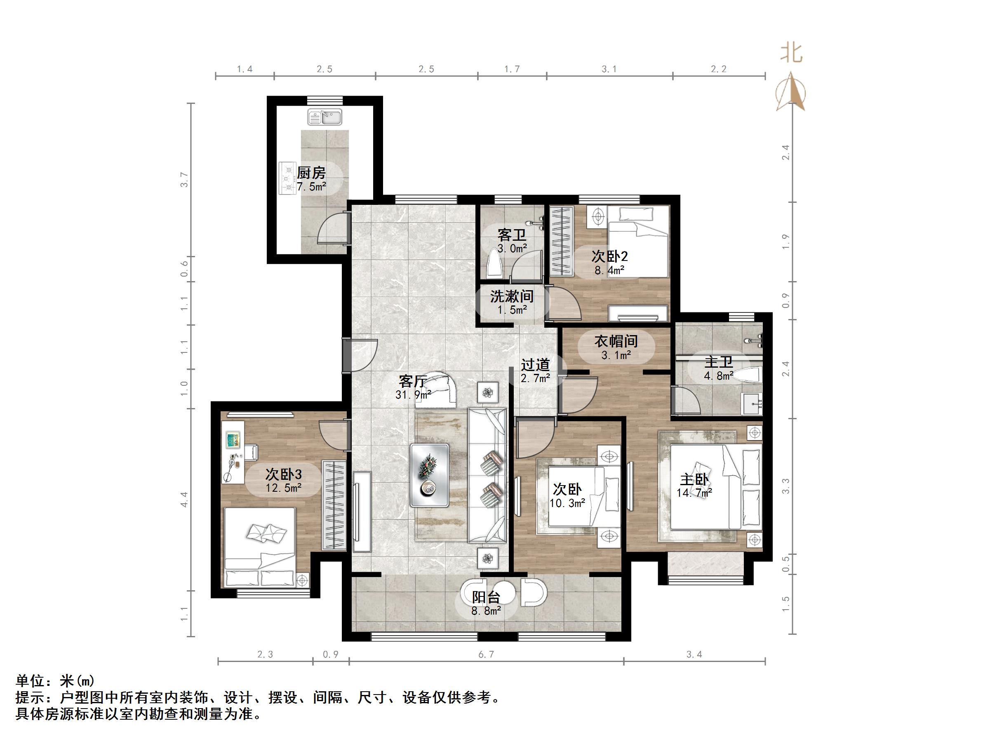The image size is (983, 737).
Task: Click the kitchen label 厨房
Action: (311, 173)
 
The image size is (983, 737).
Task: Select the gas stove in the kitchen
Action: (287, 178)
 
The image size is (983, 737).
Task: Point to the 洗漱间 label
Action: (511, 296)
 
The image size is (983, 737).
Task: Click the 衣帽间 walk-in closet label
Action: (616, 341)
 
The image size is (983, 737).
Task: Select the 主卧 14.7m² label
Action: (695, 485)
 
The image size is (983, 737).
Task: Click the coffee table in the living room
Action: (429, 475)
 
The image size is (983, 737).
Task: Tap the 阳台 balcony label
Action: (486, 597)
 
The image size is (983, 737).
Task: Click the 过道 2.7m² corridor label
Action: (536, 371)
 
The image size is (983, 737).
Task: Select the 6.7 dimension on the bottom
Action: (486, 655)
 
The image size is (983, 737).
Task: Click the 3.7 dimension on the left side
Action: (184, 179)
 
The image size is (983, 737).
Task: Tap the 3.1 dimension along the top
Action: (609, 69)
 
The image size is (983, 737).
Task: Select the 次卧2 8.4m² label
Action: (609, 262)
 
